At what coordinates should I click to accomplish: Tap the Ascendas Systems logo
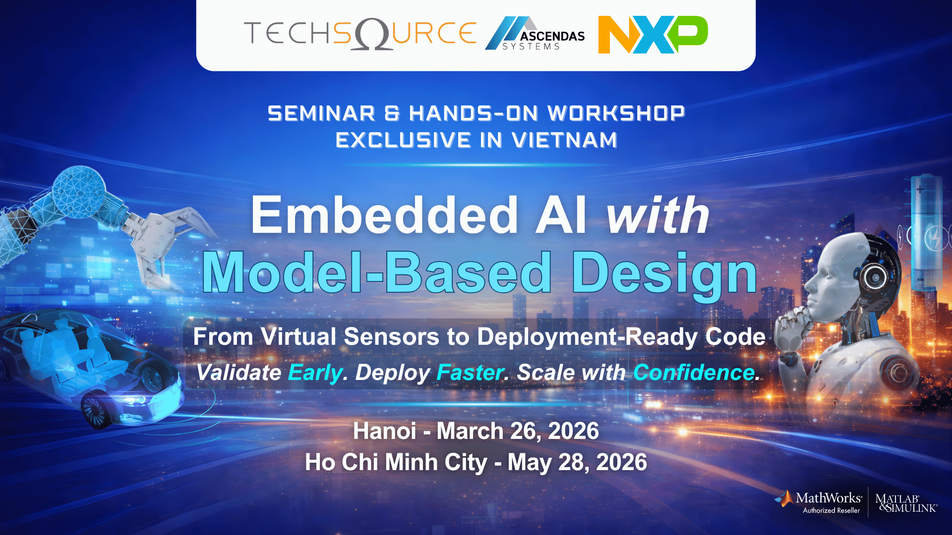[x=535, y=34]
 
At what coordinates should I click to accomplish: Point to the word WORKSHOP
[x=616, y=113]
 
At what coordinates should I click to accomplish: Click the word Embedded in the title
[x=384, y=215]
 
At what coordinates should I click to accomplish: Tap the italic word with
[x=658, y=215]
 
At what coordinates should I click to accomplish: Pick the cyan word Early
[x=315, y=373]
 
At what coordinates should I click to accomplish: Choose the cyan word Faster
[x=470, y=373]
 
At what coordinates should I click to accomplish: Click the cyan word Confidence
[x=694, y=373]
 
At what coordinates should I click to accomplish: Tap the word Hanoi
[x=384, y=431]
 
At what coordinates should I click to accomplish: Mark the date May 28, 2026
[x=577, y=462]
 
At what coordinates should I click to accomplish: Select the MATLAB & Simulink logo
[x=905, y=503]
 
